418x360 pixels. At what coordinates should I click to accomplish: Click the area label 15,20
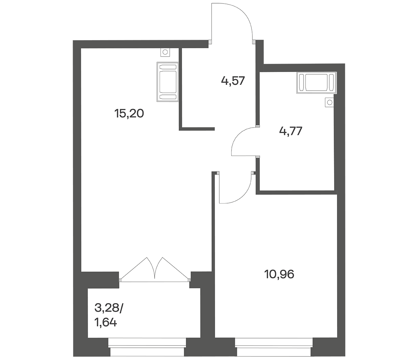point(129,113)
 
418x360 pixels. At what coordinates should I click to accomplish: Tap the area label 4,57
point(233,81)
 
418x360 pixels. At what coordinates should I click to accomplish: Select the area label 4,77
point(291,131)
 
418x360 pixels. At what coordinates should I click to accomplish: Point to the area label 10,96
point(279,274)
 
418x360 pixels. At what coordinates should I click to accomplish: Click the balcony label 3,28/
point(108,308)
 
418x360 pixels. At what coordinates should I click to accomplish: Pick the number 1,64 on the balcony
point(105,323)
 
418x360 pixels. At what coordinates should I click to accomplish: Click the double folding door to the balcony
point(155,270)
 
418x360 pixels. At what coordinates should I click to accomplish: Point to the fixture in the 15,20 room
point(168,82)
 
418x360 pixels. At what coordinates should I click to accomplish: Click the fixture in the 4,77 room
point(317,83)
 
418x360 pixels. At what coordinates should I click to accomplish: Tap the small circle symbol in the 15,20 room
point(165,52)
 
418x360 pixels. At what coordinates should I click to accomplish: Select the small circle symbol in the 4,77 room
point(330,102)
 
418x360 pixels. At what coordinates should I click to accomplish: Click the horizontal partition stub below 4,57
point(197,129)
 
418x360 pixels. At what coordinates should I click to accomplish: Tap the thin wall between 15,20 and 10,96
point(213,243)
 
